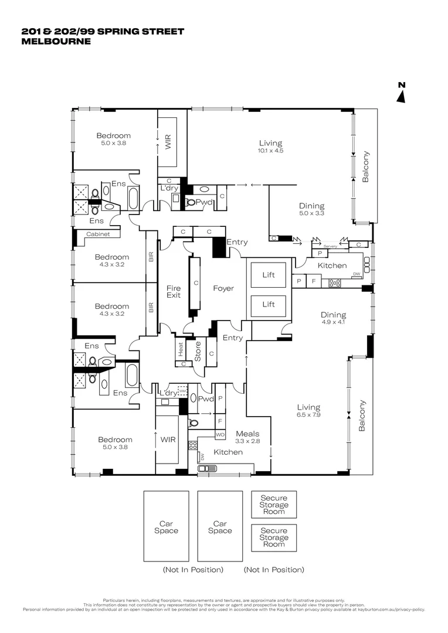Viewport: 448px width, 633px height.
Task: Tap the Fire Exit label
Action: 174,291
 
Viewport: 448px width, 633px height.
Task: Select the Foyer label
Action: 223,288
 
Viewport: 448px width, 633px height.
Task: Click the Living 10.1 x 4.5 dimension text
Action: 270,151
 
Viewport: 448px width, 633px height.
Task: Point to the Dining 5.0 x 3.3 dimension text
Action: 311,214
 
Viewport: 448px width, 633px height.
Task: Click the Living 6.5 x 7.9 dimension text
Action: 308,414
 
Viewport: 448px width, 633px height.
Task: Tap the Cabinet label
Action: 98,234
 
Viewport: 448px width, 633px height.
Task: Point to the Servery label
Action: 331,246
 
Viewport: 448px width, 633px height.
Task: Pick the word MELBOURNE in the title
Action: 56,42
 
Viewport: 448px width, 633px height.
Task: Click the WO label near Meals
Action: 220,435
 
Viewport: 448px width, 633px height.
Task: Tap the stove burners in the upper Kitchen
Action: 335,283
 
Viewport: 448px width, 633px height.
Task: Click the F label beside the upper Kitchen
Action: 314,282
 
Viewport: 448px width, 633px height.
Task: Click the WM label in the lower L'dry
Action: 182,390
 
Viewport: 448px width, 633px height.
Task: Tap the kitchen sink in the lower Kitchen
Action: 208,468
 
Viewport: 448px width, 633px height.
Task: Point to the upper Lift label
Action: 269,274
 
